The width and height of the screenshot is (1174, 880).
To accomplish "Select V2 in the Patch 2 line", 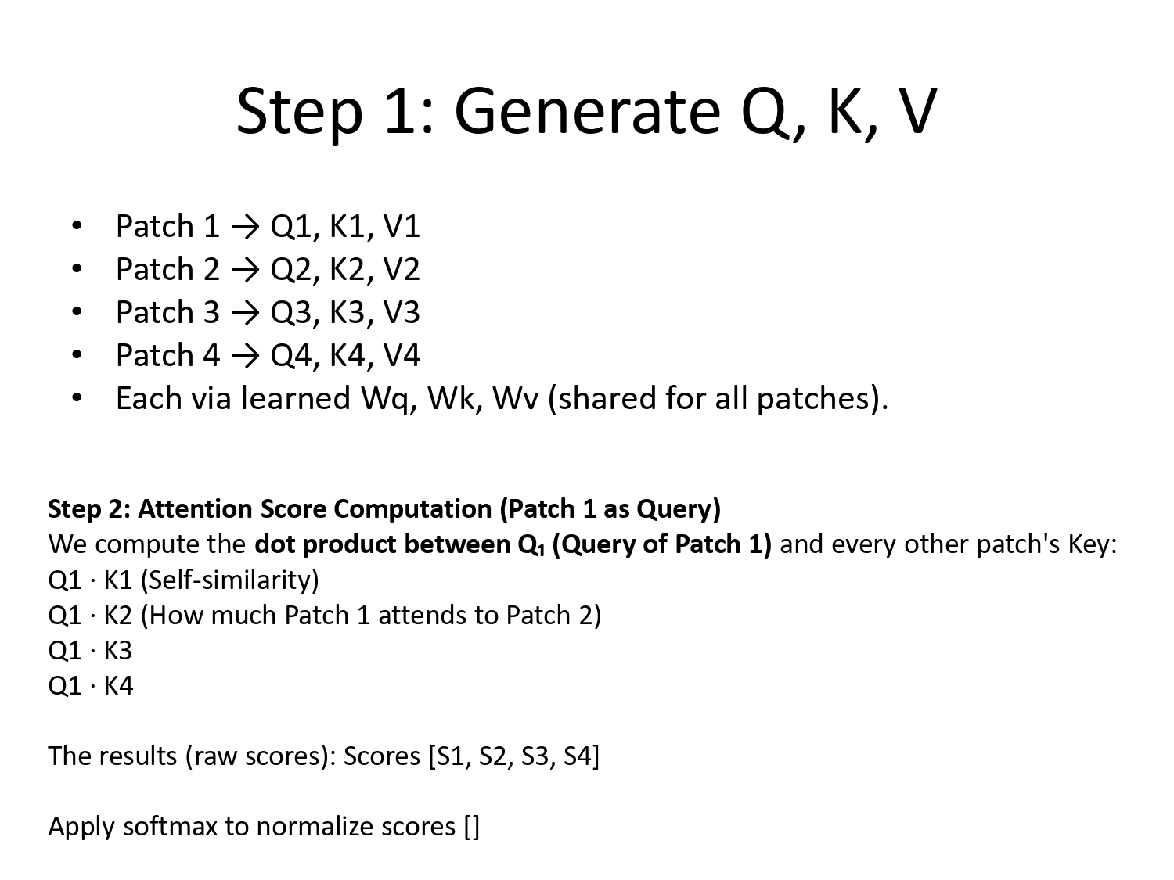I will pyautogui.click(x=402, y=270).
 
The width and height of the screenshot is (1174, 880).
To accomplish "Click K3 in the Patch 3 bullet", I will pyautogui.click(x=348, y=313).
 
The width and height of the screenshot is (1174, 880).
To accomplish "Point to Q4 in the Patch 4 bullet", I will pyautogui.click(x=291, y=356).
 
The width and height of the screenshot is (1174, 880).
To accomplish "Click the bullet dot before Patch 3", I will pyautogui.click(x=76, y=312).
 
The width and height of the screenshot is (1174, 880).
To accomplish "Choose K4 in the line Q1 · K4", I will pyautogui.click(x=118, y=686).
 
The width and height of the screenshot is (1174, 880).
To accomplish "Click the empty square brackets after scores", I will pyautogui.click(x=471, y=827).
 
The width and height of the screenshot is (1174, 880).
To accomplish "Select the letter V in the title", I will pyautogui.click(x=917, y=111).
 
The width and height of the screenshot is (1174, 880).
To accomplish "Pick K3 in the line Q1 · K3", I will pyautogui.click(x=118, y=651).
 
